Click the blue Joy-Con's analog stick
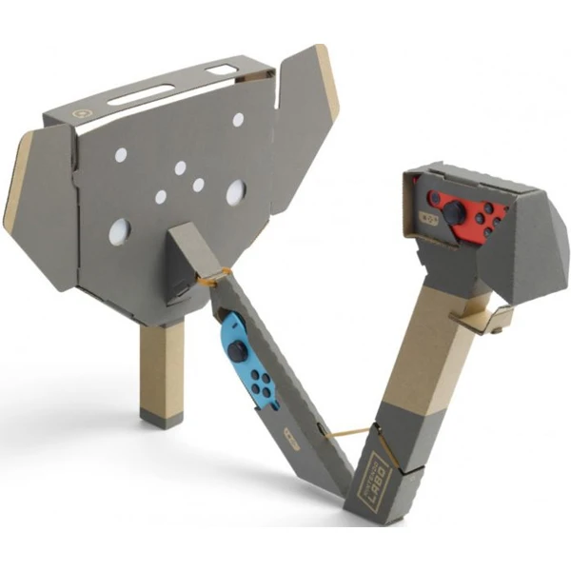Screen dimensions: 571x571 pyautogui.click(x=233, y=351)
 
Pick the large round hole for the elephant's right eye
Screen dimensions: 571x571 pyautogui.click(x=235, y=192)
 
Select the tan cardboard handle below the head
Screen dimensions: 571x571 pyautogui.click(x=160, y=362)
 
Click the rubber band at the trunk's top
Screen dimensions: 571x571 pyautogui.click(x=217, y=278)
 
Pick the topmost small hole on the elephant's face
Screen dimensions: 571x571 pyautogui.click(x=238, y=120)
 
